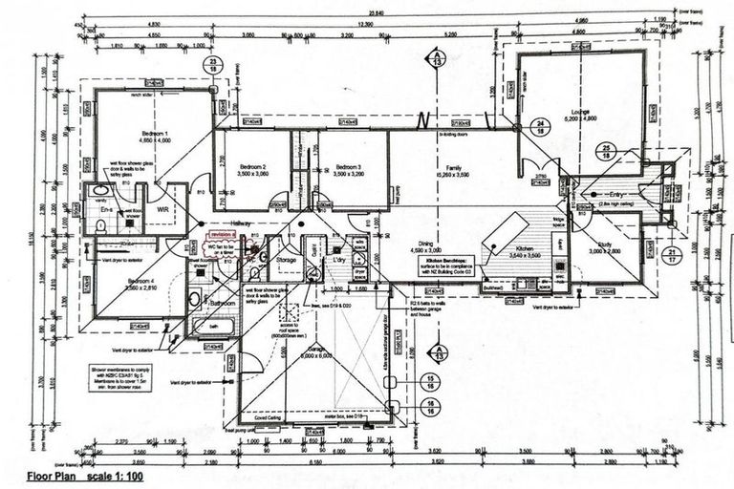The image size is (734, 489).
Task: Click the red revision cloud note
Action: (225, 232)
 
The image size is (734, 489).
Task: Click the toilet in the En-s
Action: (100, 225)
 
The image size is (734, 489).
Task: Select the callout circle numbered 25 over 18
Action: (604, 152)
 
